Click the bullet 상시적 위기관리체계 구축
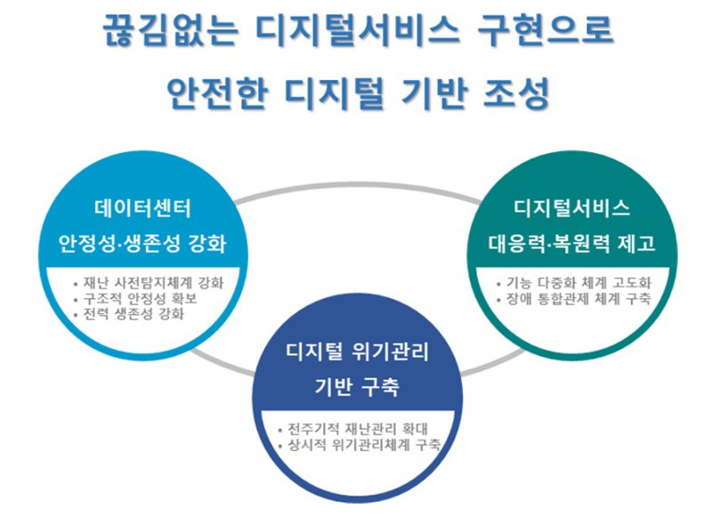coord(360,445)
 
